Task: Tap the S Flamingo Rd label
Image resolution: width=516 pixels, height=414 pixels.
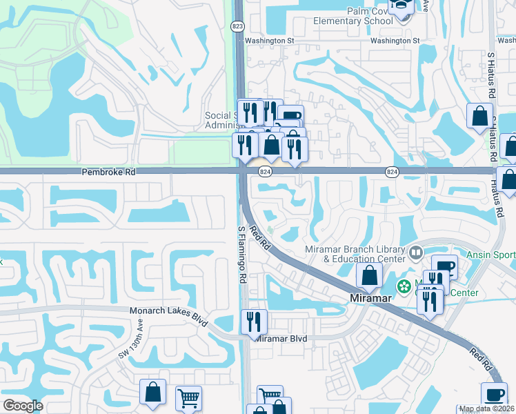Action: [x=242, y=255]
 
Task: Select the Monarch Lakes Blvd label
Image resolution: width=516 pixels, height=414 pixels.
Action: [x=168, y=311]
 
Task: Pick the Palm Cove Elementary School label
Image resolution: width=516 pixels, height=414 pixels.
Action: [x=353, y=16]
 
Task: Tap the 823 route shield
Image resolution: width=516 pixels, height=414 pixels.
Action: [x=237, y=26]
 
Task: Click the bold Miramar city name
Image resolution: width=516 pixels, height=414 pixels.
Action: [x=369, y=297]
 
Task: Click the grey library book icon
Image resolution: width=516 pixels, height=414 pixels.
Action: [x=415, y=253]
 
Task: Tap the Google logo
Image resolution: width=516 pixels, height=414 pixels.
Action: [x=23, y=405]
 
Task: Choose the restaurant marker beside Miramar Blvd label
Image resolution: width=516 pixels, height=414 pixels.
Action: [x=254, y=322]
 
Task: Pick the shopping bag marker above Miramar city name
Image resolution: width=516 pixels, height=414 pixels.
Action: [x=370, y=275]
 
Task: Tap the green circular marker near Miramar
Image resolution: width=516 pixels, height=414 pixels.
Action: [x=401, y=285]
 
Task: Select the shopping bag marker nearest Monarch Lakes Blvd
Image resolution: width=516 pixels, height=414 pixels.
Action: [x=152, y=392]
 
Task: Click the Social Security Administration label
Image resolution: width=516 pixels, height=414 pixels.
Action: [x=222, y=120]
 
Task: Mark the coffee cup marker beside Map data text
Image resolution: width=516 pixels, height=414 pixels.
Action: [x=493, y=395]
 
